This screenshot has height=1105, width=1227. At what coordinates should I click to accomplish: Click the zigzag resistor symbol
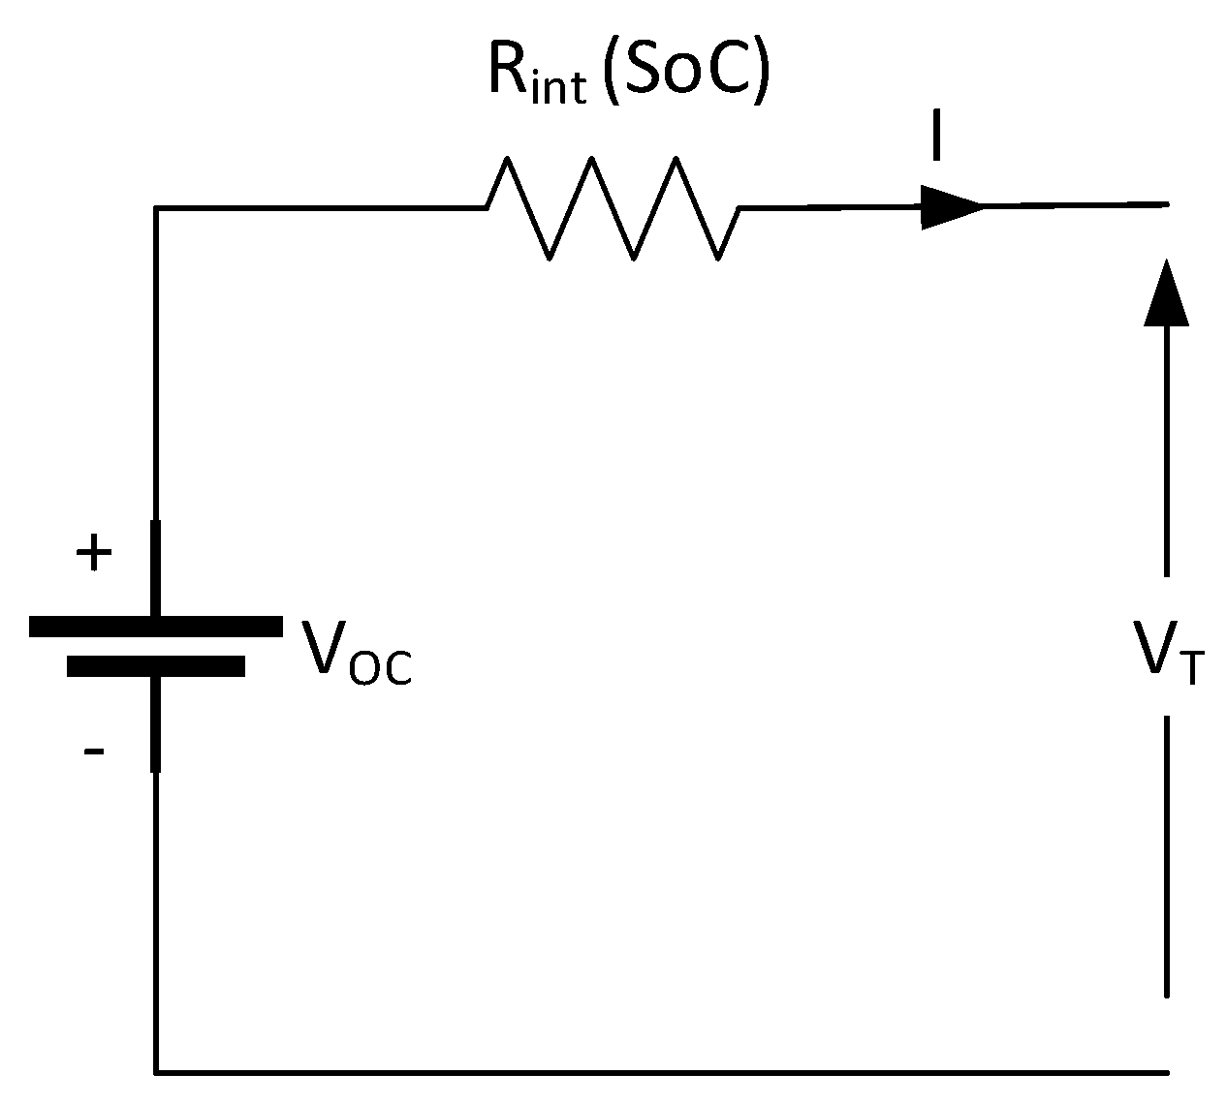coord(613,207)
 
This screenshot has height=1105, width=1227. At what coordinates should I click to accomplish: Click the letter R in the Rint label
coord(509,72)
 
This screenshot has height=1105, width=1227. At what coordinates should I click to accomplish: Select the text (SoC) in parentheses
coord(686,72)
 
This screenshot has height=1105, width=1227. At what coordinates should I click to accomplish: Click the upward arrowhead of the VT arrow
coord(1166,291)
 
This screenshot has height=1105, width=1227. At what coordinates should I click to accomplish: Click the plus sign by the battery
coord(94,555)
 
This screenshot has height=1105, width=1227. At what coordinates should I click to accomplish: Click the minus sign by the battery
coord(94,751)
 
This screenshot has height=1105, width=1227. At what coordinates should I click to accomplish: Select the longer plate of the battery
coord(155,627)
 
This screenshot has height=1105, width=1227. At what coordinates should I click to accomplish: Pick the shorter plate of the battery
coord(155,666)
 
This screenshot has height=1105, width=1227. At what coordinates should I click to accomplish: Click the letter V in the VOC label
coord(324,647)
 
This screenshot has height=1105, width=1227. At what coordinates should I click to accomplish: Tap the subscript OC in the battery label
coord(380,668)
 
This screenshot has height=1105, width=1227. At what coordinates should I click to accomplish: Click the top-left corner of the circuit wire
coord(155,207)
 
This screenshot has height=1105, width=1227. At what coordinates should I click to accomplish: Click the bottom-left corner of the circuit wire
coord(155,1072)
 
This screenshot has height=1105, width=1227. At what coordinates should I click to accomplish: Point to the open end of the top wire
coord(1166,204)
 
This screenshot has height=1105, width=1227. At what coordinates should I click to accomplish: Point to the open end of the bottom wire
coord(1166,1072)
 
